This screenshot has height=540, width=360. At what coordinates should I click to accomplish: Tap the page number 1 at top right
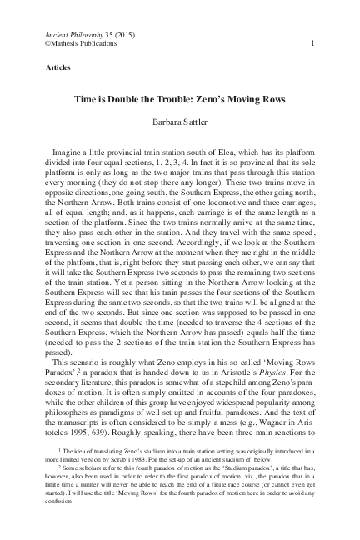[312, 42]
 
